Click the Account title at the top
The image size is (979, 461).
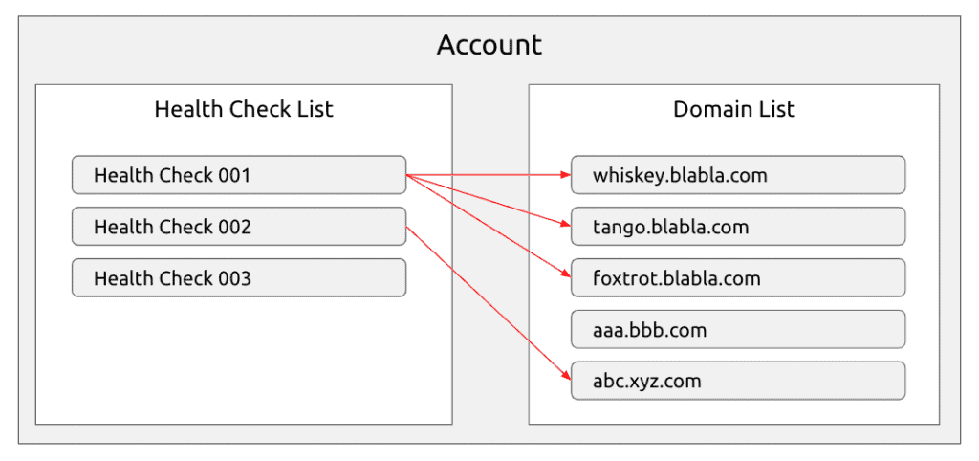click(x=489, y=46)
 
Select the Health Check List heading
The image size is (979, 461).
click(x=244, y=109)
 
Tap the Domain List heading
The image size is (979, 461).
click(x=733, y=109)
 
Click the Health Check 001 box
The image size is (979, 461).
click(x=239, y=175)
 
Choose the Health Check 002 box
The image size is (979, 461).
click(x=239, y=226)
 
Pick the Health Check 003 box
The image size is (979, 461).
click(x=239, y=278)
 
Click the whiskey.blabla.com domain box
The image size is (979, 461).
click(x=738, y=175)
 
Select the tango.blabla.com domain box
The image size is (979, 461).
click(x=738, y=226)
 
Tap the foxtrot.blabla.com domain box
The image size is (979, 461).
click(x=738, y=278)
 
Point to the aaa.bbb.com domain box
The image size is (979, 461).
click(x=738, y=329)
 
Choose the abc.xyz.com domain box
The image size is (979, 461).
click(x=738, y=381)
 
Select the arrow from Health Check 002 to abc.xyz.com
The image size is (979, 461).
click(x=489, y=303)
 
